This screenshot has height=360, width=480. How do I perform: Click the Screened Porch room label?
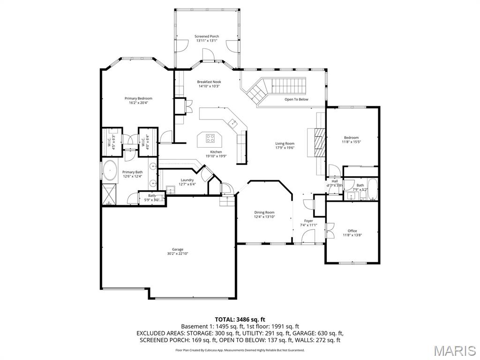coord(207,36)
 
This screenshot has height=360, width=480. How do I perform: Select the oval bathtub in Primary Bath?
coord(110,171)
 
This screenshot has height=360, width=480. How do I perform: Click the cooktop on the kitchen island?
coord(210,138)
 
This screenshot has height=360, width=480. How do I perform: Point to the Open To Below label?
coord(296,99)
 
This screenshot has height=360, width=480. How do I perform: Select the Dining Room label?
coord(264,212)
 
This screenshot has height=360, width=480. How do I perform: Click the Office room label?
coord(352,231)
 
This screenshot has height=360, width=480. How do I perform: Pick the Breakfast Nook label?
coord(209,82)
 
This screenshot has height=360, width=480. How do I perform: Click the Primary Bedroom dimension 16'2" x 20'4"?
coord(138,103)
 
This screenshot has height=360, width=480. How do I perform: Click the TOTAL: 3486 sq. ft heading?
coord(240,319)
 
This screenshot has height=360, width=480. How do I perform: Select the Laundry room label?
coord(187,180)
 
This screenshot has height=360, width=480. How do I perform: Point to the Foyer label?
coord(308,221)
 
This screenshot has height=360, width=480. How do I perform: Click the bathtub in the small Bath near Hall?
coord(373,189)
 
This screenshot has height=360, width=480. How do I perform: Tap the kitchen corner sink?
coord(232,123)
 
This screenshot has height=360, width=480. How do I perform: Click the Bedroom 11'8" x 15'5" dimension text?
coord(352,142)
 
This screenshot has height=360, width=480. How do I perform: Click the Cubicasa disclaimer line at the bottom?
coord(240,350)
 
